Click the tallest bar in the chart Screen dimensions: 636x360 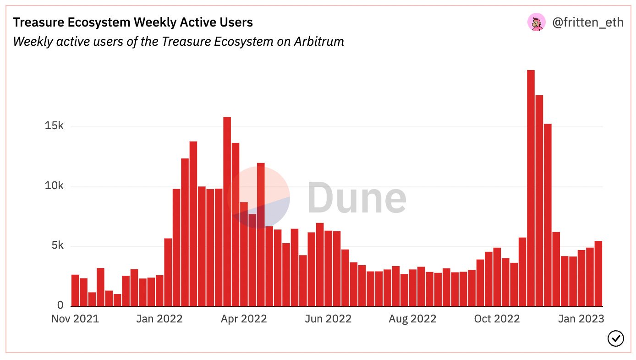point(531,188)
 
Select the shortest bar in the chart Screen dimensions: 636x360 point(117,300)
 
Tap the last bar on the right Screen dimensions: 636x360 point(598,274)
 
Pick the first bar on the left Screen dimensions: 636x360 point(75,290)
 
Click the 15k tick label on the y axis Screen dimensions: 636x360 point(54,125)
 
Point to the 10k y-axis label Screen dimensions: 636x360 point(54,185)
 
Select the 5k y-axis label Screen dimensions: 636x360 point(58,245)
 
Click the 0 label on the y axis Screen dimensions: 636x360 point(60,305)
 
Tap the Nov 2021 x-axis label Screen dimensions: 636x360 point(75,319)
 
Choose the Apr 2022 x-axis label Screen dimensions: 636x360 point(244,319)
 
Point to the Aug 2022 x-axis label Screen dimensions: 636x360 point(412,319)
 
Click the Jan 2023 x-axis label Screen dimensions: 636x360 point(581,319)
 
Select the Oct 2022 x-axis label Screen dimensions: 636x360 point(497,319)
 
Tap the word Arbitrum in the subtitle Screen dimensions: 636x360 point(319,42)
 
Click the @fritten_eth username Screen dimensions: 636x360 point(588,22)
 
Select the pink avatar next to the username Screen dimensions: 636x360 point(537,22)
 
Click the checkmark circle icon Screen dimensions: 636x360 point(615,338)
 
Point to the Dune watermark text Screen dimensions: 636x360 point(357,197)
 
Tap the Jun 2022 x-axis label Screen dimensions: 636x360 point(328,319)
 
